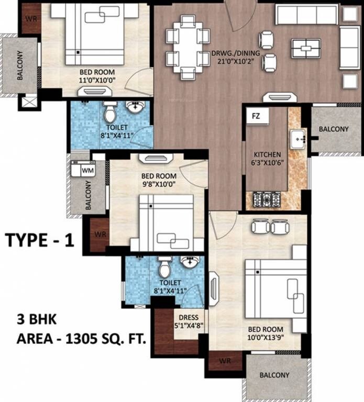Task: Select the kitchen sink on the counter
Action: click(x=299, y=139)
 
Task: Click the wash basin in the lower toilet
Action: click(x=189, y=261)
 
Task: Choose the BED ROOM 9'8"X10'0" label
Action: click(x=159, y=180)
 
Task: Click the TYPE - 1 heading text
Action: click(x=40, y=240)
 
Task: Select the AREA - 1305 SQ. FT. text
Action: click(x=81, y=339)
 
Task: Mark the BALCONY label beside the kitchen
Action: click(x=333, y=129)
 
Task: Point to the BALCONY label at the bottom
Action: click(x=273, y=375)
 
